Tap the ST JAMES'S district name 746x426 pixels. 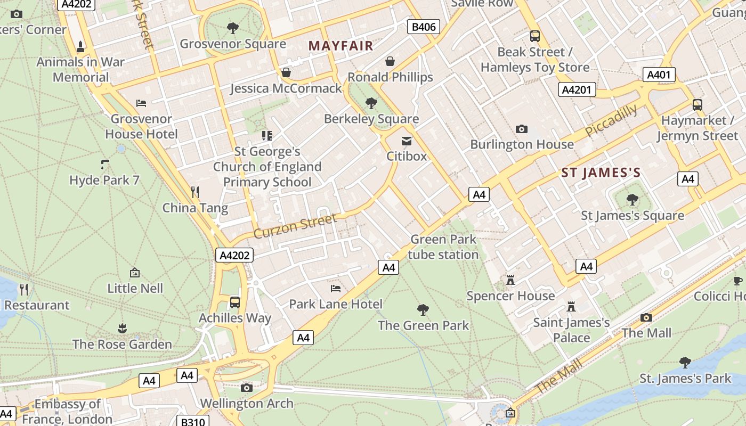601,173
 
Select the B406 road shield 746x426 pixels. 423,27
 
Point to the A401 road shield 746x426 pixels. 659,75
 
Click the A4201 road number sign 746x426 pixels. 577,89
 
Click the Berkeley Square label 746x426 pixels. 371,119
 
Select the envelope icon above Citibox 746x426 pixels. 407,141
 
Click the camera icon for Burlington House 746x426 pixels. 522,129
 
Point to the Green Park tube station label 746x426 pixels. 443,247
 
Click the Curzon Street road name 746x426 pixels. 295,226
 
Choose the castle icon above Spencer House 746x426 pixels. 510,280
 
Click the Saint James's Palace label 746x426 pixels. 571,330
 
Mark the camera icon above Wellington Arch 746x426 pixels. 246,388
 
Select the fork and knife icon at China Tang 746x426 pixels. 195,192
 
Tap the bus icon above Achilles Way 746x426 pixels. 234,302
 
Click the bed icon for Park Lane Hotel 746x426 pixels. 336,289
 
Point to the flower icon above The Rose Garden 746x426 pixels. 122,328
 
